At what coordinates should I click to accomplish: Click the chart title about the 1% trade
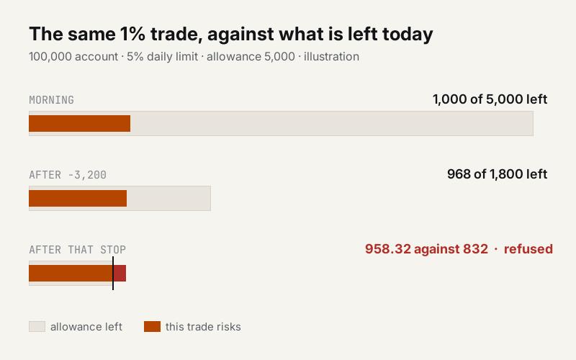(231, 34)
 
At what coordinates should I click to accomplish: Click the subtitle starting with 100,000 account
(194, 57)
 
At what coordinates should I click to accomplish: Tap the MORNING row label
(51, 100)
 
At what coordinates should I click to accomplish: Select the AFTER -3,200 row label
(68, 175)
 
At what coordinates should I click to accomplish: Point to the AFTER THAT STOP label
(78, 250)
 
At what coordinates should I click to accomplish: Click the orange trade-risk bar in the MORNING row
(80, 123)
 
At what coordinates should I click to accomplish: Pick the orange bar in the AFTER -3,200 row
(78, 199)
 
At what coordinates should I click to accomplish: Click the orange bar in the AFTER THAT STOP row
(71, 274)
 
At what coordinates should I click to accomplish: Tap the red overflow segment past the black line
(120, 274)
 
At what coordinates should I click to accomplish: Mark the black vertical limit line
(113, 274)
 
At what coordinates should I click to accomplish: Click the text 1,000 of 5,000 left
(490, 99)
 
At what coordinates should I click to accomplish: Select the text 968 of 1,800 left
(497, 174)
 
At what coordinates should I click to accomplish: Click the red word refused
(528, 249)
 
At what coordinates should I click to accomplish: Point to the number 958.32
(388, 249)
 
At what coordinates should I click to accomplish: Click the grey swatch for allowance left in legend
(37, 327)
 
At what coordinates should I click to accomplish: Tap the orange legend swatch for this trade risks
(152, 327)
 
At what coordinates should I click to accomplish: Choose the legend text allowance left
(86, 327)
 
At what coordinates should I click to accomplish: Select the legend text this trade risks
(203, 327)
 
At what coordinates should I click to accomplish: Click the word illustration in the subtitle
(331, 57)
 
